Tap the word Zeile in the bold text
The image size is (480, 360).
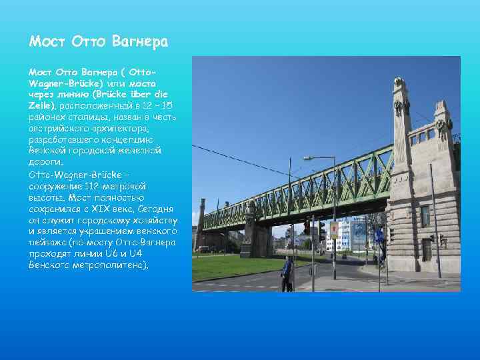pos(41,105)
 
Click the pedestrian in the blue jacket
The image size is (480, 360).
pos(287,273)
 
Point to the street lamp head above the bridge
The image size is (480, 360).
pos(309,158)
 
